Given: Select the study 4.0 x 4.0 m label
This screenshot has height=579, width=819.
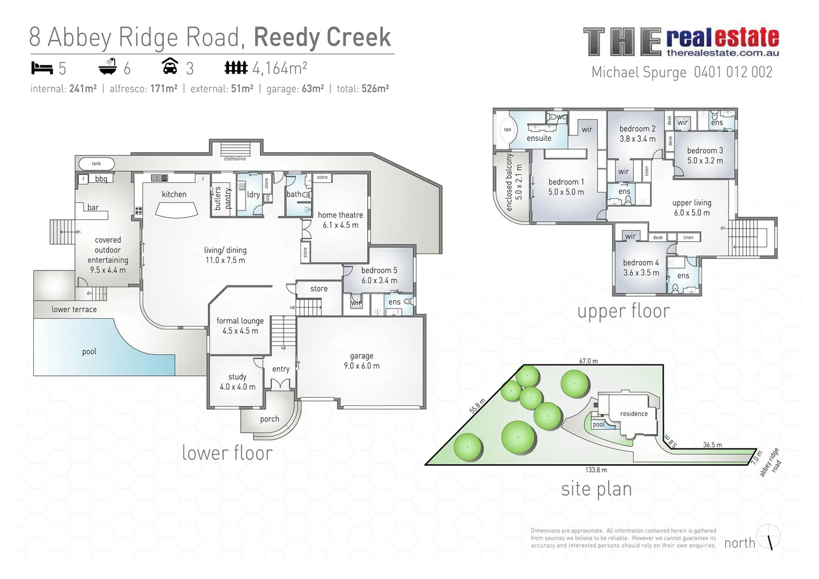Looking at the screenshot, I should (x=237, y=382).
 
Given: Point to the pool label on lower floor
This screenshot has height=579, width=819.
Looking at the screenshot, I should (x=89, y=352).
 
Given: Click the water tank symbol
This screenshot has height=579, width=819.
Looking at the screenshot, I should (x=96, y=164).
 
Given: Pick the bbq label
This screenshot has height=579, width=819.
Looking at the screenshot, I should (x=101, y=179).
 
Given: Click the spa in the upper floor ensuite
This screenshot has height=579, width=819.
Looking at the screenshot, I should (x=506, y=129).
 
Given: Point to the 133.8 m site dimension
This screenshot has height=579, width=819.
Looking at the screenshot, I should (x=596, y=470).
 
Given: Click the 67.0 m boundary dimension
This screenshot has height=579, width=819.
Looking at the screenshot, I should (x=588, y=361).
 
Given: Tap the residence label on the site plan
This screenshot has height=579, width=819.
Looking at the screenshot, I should (x=634, y=413).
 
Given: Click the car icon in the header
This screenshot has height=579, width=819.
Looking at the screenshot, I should (x=170, y=67).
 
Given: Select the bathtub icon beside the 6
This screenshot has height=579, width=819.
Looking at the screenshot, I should (x=108, y=68).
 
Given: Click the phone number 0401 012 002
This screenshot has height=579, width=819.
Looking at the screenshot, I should (x=733, y=72).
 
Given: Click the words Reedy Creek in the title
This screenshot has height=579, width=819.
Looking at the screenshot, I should (x=322, y=37).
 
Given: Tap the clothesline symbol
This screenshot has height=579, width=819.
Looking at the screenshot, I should (x=235, y=149).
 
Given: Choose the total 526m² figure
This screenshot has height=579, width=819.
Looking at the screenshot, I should (x=375, y=89).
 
